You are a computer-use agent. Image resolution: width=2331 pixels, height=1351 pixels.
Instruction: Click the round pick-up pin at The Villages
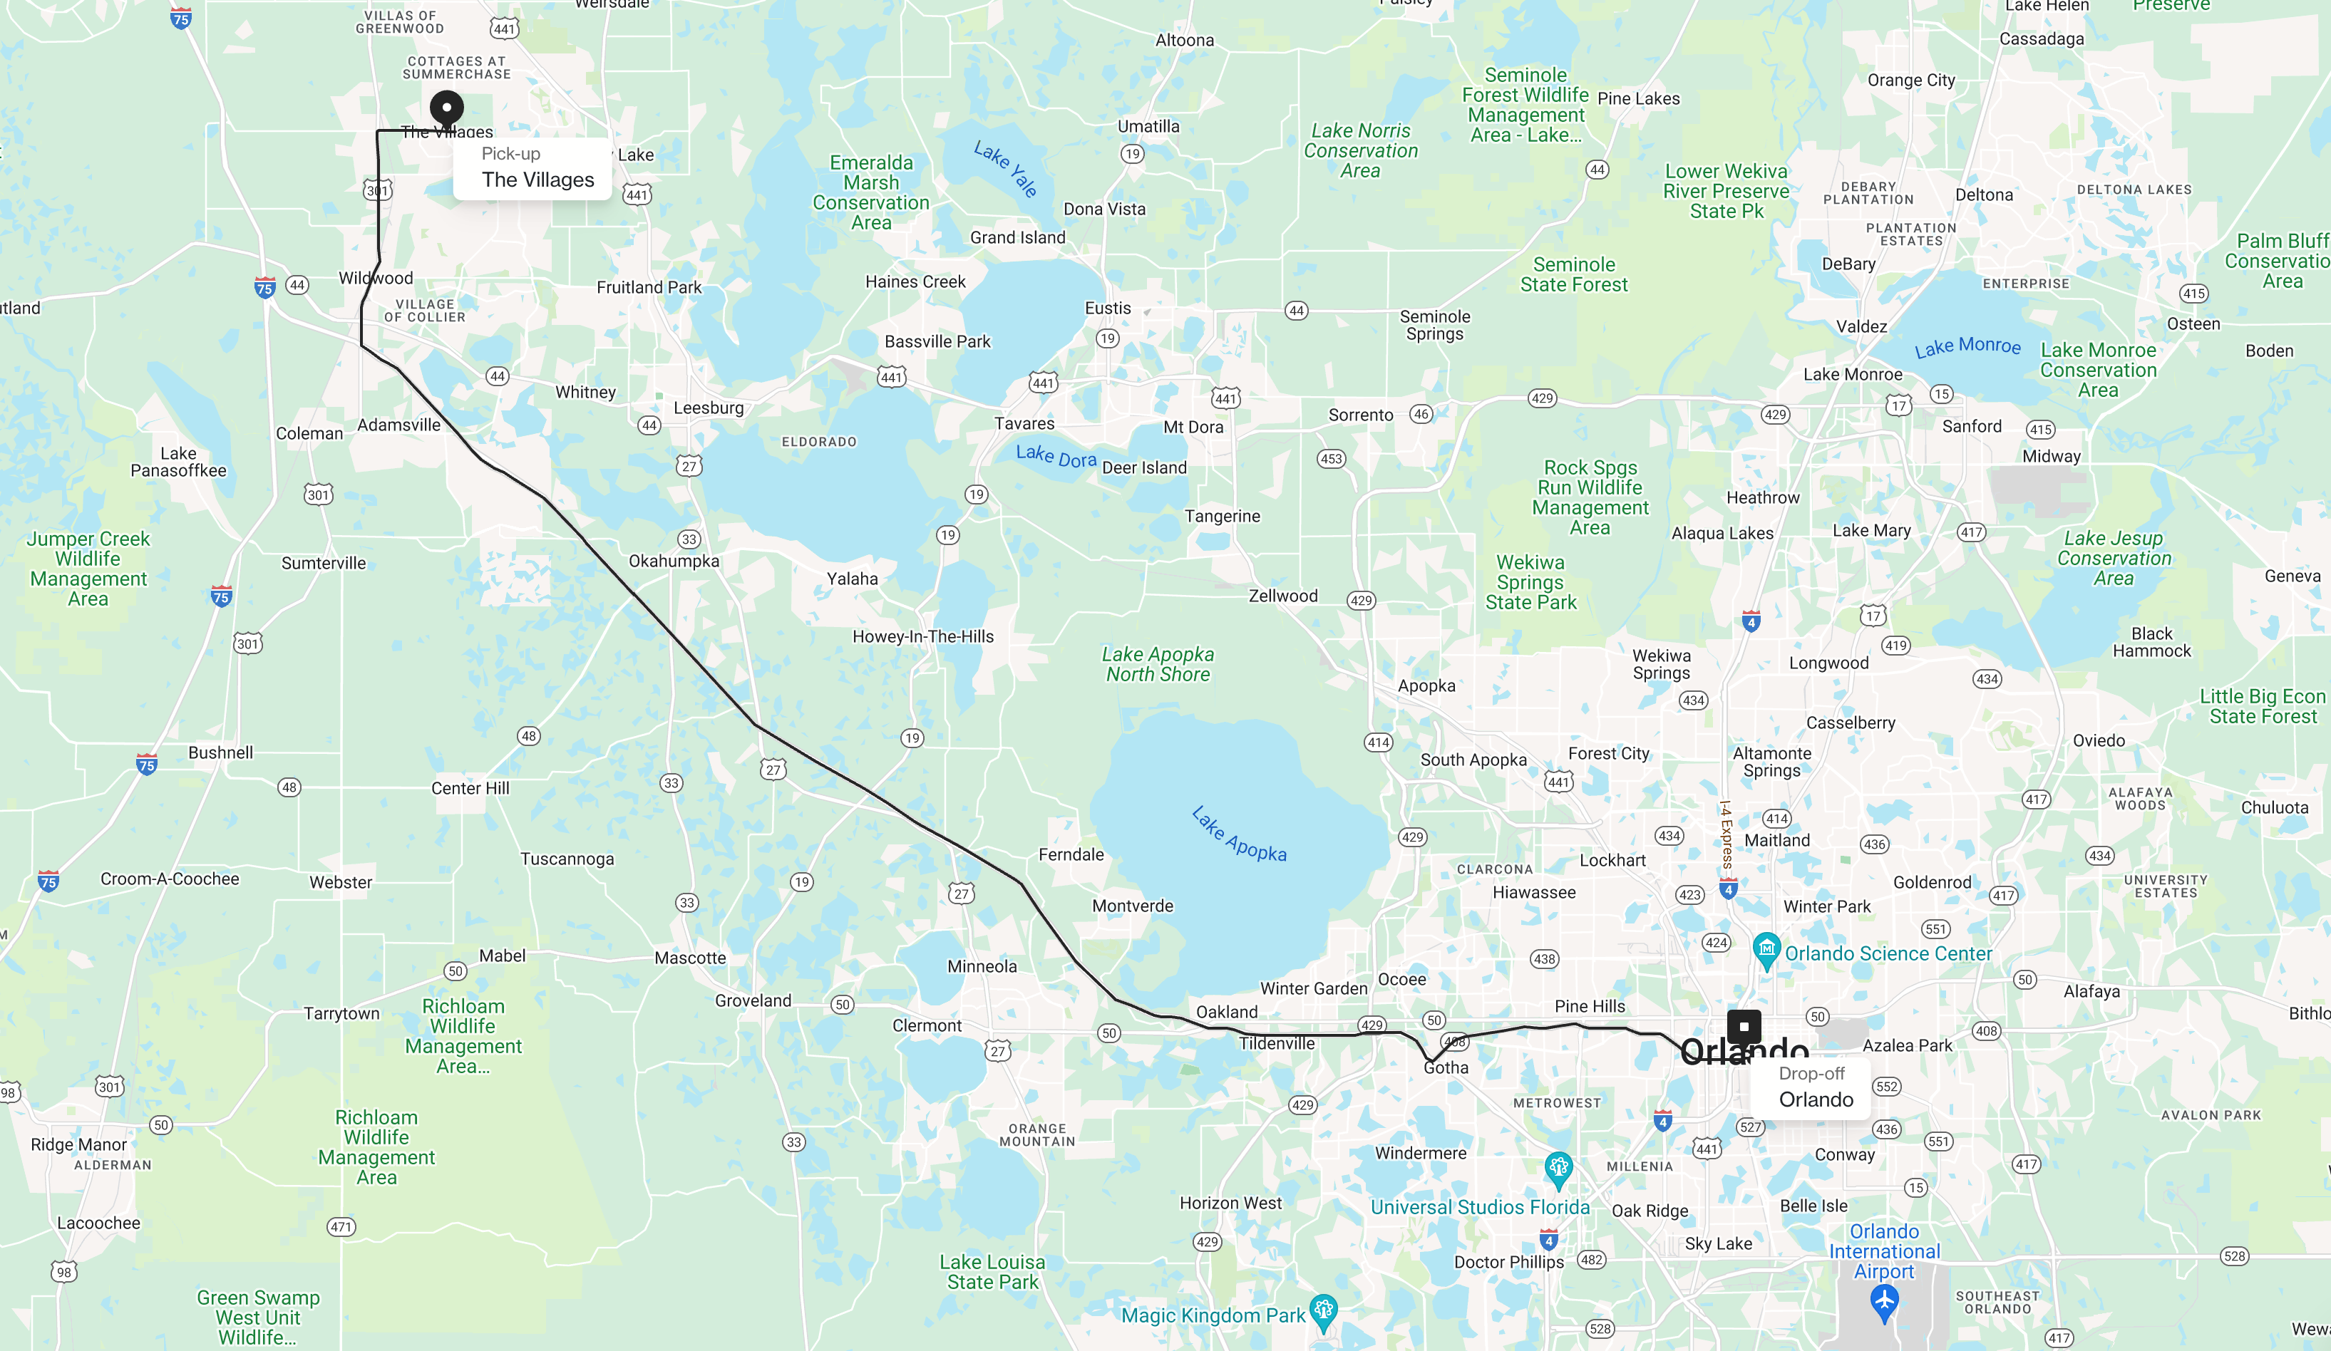tap(447, 108)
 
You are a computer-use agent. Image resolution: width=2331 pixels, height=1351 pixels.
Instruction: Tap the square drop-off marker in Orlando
tap(1744, 1026)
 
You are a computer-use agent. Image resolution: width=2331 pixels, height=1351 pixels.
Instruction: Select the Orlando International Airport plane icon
tap(1884, 1302)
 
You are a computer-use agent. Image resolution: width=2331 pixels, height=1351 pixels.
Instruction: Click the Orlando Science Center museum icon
tap(1766, 948)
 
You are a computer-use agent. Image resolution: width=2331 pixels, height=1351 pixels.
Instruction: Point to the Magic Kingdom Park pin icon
tap(1324, 1310)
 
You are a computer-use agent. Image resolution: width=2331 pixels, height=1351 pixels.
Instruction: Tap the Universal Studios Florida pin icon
tap(1558, 1168)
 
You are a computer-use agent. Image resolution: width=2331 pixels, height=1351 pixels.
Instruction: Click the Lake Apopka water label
tap(1239, 834)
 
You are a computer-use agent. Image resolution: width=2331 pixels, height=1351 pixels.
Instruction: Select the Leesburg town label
tap(709, 408)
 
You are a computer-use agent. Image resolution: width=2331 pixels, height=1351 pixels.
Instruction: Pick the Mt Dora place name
tap(1193, 428)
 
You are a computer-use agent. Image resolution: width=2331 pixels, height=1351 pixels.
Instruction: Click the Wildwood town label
tap(376, 279)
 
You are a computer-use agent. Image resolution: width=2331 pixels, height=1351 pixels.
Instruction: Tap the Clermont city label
tap(927, 1025)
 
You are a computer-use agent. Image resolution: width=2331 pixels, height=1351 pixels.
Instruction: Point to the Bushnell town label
tap(220, 752)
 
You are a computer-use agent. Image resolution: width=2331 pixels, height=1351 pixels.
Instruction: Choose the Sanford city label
tap(1971, 426)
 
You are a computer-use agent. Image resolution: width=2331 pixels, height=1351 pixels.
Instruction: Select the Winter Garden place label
tap(1314, 988)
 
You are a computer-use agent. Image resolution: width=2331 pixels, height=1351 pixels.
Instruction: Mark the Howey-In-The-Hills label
tap(922, 636)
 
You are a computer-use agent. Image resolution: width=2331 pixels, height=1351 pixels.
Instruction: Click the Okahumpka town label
tap(674, 561)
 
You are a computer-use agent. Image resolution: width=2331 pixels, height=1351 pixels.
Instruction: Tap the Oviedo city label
tap(2099, 740)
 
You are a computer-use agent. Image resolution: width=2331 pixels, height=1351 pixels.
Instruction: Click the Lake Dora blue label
tap(1056, 456)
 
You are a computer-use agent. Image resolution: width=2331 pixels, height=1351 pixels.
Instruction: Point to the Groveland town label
tap(753, 1000)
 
